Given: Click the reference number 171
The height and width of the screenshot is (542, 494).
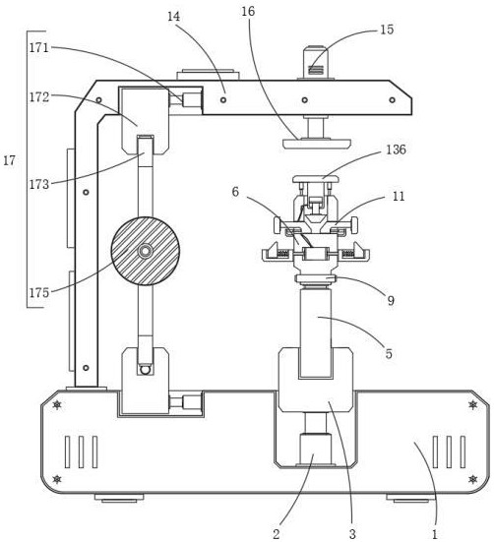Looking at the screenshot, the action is pyautogui.click(x=38, y=47).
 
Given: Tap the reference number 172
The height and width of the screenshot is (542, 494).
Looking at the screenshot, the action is pyautogui.click(x=38, y=97).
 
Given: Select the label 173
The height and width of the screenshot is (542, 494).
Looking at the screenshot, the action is pyautogui.click(x=38, y=184).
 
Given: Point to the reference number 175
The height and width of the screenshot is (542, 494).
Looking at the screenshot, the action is pyautogui.click(x=38, y=293).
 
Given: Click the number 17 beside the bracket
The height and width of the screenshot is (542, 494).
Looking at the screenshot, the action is pyautogui.click(x=9, y=160).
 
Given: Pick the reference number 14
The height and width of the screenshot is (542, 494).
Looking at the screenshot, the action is pyautogui.click(x=174, y=17).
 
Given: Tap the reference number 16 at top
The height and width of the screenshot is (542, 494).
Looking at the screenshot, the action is pyautogui.click(x=248, y=12).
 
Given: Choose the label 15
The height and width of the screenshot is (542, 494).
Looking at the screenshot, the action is pyautogui.click(x=387, y=30).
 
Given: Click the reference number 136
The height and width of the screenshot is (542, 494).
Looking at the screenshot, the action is pyautogui.click(x=397, y=150).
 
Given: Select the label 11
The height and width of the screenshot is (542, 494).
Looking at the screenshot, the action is pyautogui.click(x=399, y=197).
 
